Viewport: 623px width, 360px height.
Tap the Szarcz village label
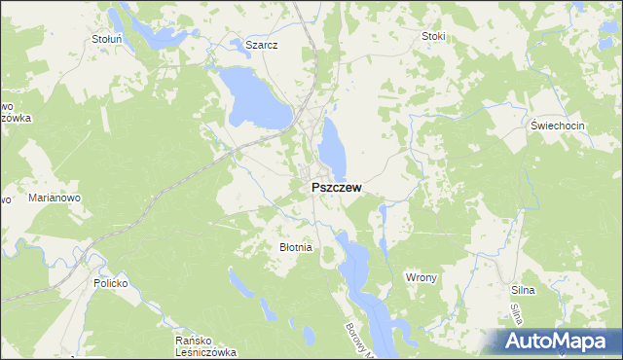262,45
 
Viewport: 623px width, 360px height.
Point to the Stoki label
432,37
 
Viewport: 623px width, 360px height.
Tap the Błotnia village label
295,247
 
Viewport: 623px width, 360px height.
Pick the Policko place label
111,282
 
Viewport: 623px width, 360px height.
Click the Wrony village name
421,277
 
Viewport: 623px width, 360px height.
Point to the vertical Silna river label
515,318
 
